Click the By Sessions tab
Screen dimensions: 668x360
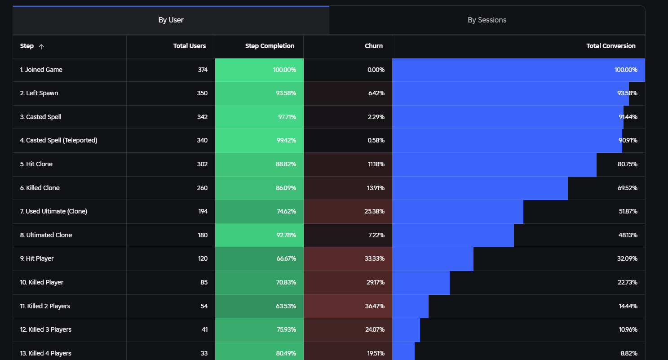(x=487, y=20)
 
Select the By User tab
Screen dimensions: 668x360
(x=171, y=20)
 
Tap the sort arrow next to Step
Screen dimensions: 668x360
(x=41, y=46)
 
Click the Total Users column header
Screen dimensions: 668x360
(x=190, y=46)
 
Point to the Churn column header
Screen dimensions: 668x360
(x=374, y=46)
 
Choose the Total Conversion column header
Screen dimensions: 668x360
(x=611, y=46)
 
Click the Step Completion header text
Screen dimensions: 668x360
(x=270, y=46)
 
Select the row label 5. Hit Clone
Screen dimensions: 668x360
(x=36, y=164)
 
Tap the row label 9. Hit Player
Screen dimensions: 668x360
(x=37, y=258)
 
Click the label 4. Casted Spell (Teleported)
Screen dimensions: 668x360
(x=58, y=140)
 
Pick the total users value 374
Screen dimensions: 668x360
(x=203, y=70)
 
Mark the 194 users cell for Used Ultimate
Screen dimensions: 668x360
(x=203, y=212)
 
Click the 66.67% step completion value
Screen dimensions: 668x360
(x=286, y=258)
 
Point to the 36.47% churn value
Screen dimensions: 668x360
(x=375, y=307)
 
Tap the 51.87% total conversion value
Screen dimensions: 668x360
(x=628, y=212)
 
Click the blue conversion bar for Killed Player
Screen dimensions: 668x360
(x=421, y=283)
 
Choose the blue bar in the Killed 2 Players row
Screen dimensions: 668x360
(x=410, y=307)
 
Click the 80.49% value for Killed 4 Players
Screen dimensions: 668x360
(x=286, y=353)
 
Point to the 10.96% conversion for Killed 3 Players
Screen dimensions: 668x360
(x=628, y=329)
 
